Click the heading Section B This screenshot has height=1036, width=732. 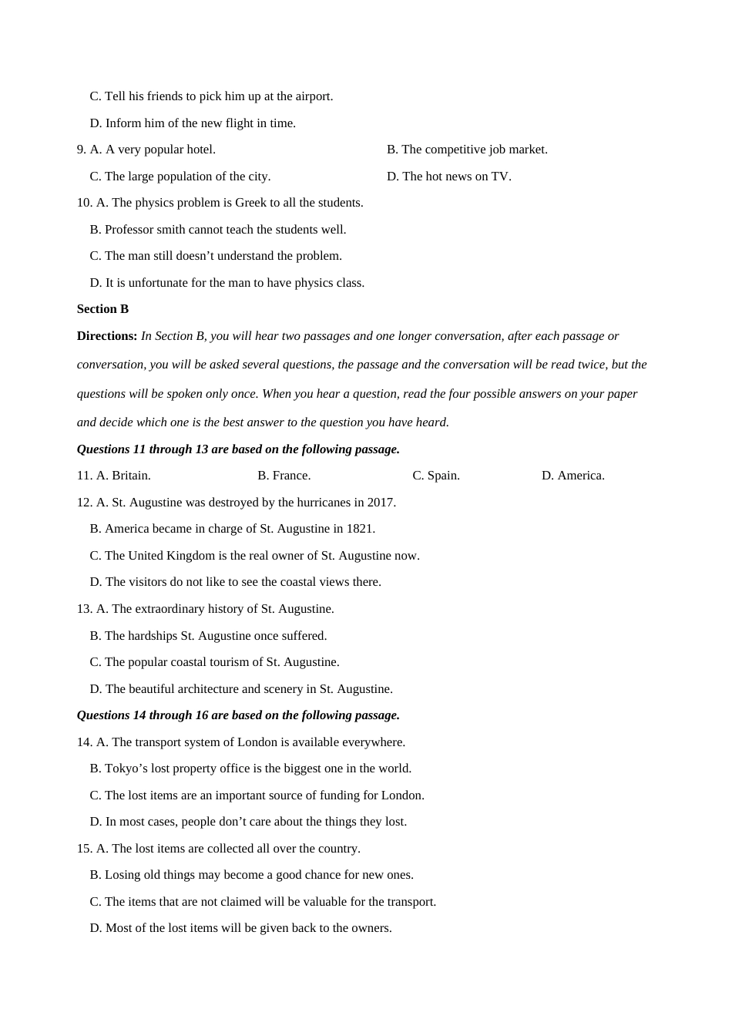(x=102, y=309)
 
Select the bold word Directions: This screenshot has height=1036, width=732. (x=107, y=336)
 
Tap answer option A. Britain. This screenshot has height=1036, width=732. (x=123, y=476)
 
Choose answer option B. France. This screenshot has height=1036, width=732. (x=284, y=476)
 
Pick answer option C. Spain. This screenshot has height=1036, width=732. (x=436, y=476)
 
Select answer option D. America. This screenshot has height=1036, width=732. (x=573, y=476)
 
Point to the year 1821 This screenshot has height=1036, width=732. (x=360, y=529)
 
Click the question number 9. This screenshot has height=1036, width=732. (x=81, y=150)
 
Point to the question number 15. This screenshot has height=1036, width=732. (x=84, y=849)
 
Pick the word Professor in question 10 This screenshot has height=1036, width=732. (x=129, y=230)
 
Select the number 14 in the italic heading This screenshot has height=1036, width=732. (x=139, y=715)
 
